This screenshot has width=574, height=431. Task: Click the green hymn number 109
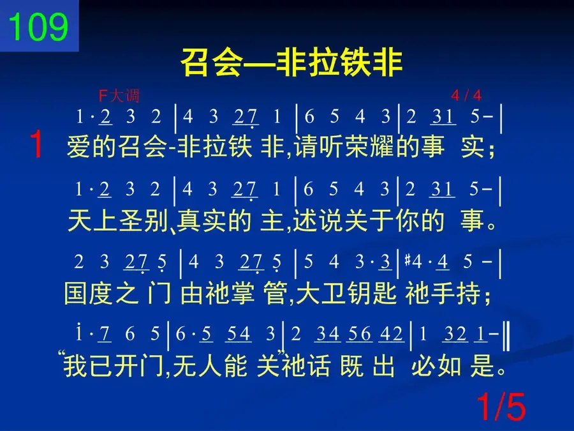tap(38, 26)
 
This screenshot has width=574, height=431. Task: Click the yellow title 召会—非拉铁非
tap(291, 63)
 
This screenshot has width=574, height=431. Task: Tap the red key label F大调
tap(119, 96)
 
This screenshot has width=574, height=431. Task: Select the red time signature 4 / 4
tap(466, 96)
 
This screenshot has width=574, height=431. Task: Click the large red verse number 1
tap(36, 144)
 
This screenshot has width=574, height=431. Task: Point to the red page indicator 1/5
tap(501, 407)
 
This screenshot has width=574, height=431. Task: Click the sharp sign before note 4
tap(408, 261)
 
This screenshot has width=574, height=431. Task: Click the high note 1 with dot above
tap(78, 332)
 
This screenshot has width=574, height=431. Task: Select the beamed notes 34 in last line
tap(327, 334)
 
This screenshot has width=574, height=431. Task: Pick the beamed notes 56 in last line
tap(359, 334)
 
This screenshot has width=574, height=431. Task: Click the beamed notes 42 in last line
tap(391, 334)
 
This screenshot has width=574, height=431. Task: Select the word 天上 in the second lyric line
tap(92, 221)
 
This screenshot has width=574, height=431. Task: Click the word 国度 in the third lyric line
tap(88, 293)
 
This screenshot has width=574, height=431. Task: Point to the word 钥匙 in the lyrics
tap(372, 293)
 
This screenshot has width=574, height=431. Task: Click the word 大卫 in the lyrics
tap(320, 293)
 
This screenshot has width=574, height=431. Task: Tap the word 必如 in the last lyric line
tap(436, 366)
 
